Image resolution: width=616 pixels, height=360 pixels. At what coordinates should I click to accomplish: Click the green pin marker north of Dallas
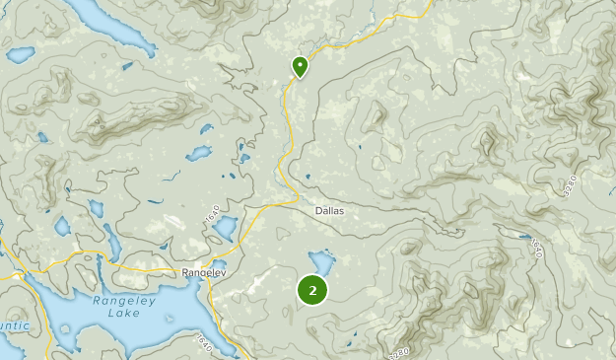pos(300,66)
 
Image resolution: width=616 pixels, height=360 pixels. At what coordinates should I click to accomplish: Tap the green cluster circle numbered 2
pos(312,289)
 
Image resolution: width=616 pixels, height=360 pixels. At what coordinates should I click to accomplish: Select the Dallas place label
pos(330,211)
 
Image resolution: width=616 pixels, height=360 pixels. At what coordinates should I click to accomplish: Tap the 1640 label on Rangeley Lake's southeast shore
pos(204,343)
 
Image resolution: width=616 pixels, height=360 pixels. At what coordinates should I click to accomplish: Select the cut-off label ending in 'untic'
pos(12,325)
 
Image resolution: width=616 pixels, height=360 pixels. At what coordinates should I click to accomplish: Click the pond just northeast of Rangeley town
pos(225,229)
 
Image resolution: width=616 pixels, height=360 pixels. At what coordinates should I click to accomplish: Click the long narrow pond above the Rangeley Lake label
pos(112,243)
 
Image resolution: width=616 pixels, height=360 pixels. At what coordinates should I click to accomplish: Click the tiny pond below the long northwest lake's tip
pos(127,66)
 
